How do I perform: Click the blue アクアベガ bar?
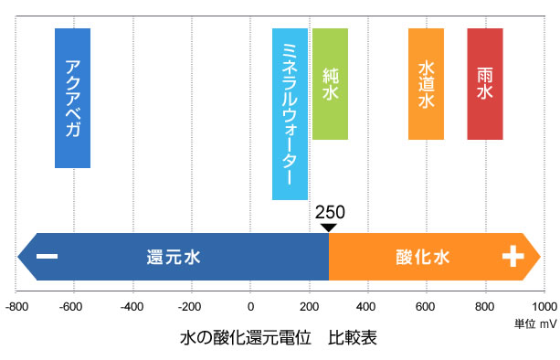tap(72, 98)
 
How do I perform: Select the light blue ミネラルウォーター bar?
tap(290, 113)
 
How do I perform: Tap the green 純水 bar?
tap(330, 83)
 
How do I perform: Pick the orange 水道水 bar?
tap(426, 83)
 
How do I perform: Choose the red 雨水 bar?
tap(484, 83)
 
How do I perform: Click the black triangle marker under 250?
tap(329, 227)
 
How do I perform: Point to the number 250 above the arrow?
tap(329, 212)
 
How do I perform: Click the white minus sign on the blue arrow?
tap(48, 257)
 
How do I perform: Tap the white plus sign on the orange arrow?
tap(512, 257)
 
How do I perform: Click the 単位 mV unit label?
tap(534, 323)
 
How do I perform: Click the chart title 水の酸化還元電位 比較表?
tap(279, 337)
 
